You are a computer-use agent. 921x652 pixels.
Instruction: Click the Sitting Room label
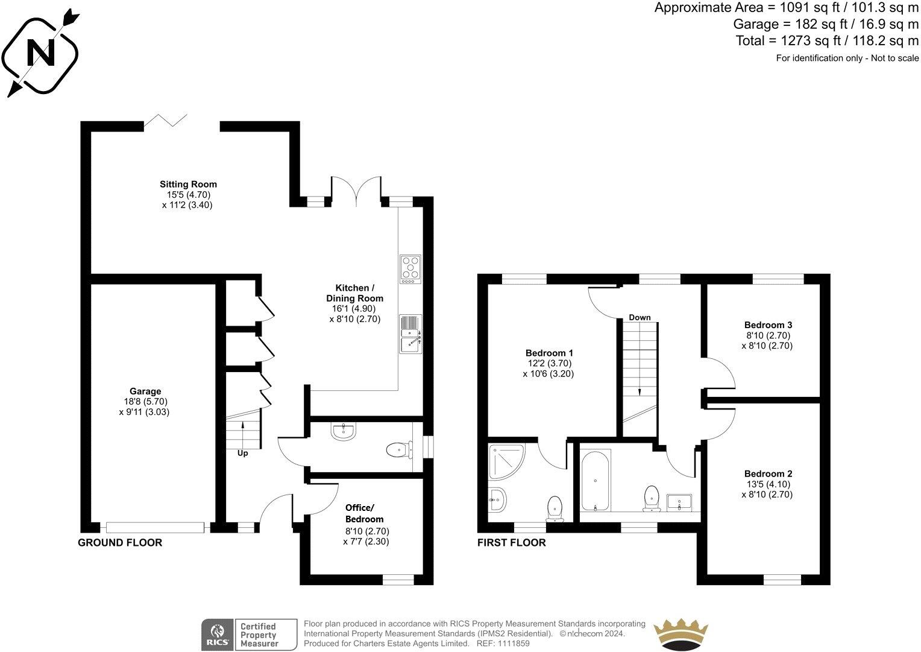[188, 185]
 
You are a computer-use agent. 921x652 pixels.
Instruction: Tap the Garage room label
[145, 391]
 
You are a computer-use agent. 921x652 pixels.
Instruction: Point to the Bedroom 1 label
[549, 353]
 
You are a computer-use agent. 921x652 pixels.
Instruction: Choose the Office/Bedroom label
[364, 513]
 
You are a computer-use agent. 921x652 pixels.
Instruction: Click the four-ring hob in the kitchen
[410, 268]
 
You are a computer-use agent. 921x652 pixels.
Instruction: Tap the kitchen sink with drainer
[411, 334]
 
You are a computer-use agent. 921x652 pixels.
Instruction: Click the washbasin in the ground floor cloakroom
[344, 431]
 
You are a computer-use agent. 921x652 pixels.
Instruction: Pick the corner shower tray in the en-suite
[506, 462]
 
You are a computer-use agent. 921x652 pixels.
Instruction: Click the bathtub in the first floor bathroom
[596, 480]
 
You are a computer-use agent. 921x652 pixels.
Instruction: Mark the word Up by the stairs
[242, 453]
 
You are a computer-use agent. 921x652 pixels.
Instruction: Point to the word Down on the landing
[640, 317]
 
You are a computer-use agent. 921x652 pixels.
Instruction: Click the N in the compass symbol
[42, 54]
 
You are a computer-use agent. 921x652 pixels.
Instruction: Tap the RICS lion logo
[216, 635]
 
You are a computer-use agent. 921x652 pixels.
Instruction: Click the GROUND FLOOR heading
[120, 543]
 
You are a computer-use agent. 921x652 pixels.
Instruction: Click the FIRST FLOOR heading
[511, 543]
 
